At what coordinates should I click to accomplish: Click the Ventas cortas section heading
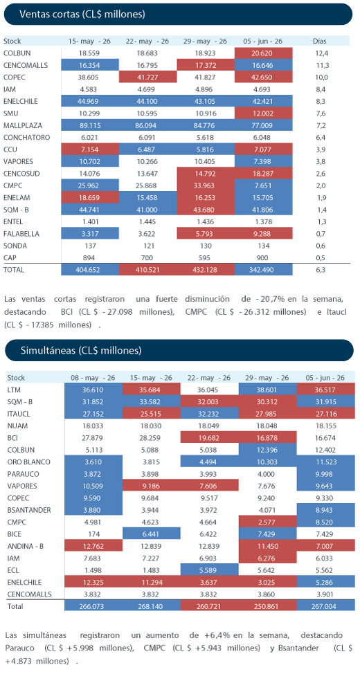coord(82,14)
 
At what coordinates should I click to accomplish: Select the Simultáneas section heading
coord(81,350)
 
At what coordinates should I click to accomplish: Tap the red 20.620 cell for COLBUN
coord(264,53)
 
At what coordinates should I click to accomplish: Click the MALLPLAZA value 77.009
coord(264,125)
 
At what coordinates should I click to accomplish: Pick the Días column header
coord(320,42)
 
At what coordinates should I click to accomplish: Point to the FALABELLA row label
coord(21,234)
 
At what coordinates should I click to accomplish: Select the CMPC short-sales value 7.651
coord(264,185)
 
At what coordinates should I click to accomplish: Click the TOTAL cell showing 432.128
coord(206,270)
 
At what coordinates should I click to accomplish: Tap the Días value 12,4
coord(320,53)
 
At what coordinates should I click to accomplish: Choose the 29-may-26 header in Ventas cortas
coord(205,42)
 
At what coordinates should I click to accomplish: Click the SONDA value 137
coord(89,246)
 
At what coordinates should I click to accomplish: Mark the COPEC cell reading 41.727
coord(148,78)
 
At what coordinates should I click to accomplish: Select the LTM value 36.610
coord(93,390)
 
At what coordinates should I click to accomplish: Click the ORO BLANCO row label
coord(29,462)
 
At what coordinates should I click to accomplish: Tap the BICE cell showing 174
coord(93,534)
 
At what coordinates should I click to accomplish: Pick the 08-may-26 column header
coord(93,378)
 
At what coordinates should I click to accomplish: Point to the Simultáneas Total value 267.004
coord(325,606)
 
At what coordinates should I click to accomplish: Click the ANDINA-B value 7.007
coord(325,547)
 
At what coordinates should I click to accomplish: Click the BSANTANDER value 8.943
coord(325,510)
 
